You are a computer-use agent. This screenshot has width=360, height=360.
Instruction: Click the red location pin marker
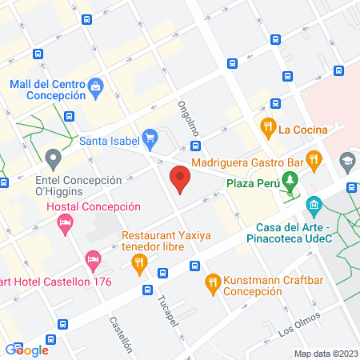tap(180, 178)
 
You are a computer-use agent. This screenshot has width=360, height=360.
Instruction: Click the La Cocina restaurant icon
tap(266, 126)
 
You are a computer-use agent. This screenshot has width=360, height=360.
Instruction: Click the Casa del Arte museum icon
tap(312, 207)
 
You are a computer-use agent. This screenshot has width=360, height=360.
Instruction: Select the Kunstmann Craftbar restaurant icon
tap(212, 281)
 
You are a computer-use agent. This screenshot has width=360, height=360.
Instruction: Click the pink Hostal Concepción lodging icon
tap(65, 227)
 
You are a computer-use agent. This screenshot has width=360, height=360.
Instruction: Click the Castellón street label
tap(122, 334)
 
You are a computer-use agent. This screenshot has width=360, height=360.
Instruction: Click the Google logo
tap(27, 349)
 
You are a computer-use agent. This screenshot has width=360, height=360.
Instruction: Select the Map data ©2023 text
tap(324, 354)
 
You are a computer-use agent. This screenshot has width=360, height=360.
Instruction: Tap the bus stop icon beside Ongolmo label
tap(195, 146)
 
